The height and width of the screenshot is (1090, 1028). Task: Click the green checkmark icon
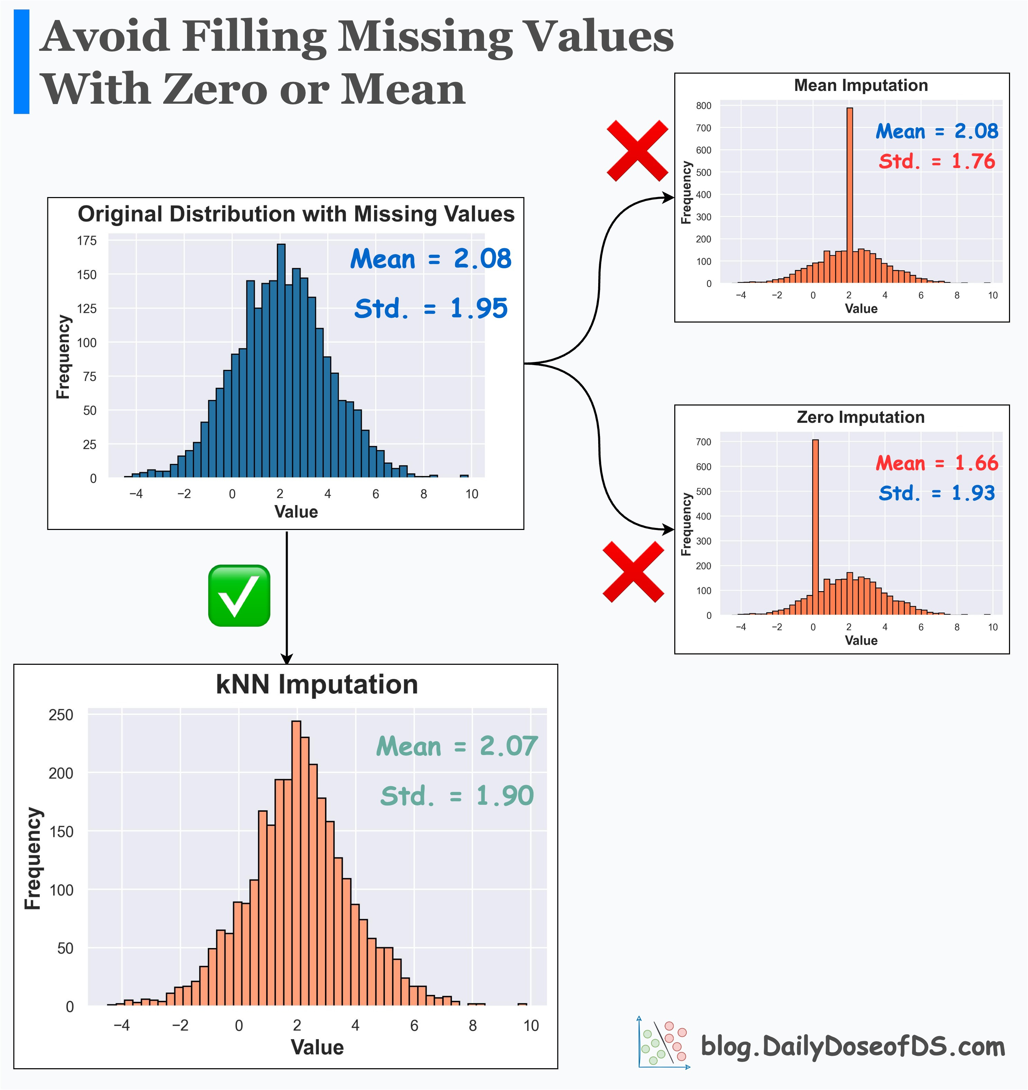pos(239,595)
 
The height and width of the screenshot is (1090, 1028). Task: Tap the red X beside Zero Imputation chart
pos(633,572)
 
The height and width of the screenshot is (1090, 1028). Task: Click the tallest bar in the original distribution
pos(281,359)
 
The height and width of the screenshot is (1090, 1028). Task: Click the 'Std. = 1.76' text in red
pos(936,161)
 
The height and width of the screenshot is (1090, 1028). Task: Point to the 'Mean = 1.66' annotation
pos(936,463)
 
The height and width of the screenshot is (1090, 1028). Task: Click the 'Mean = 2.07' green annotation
pos(457,746)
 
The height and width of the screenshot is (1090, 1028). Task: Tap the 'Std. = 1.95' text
pos(430,308)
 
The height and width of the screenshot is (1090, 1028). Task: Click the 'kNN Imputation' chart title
pos(317,684)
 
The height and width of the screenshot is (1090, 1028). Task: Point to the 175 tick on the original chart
pos(87,241)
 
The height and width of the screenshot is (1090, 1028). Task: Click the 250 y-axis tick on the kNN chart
pos(61,715)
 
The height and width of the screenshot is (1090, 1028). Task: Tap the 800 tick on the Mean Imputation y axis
pos(703,106)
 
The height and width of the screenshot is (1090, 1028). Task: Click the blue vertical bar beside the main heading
pos(21,62)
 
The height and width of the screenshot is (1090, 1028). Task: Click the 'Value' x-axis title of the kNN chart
pos(317,1047)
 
